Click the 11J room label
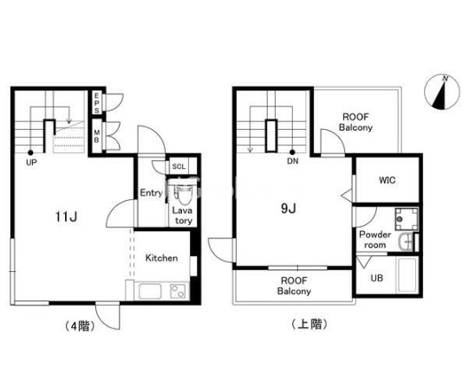[x=66, y=217]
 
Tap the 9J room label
[x=289, y=209]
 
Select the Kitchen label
[x=161, y=258]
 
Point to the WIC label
[x=387, y=180]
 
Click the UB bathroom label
[x=376, y=278]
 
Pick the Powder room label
[x=375, y=240]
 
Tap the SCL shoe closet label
[x=179, y=167]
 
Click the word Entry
[x=151, y=193]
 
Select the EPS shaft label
[x=96, y=103]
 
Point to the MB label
[x=96, y=136]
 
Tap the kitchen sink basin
[x=150, y=291]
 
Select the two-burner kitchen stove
[x=178, y=291]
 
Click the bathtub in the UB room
[x=407, y=275]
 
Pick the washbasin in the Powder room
[x=407, y=242]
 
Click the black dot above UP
[x=30, y=152]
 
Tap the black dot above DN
[x=292, y=152]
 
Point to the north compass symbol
[x=442, y=92]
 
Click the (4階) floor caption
[x=80, y=326]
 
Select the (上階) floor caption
[x=309, y=324]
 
